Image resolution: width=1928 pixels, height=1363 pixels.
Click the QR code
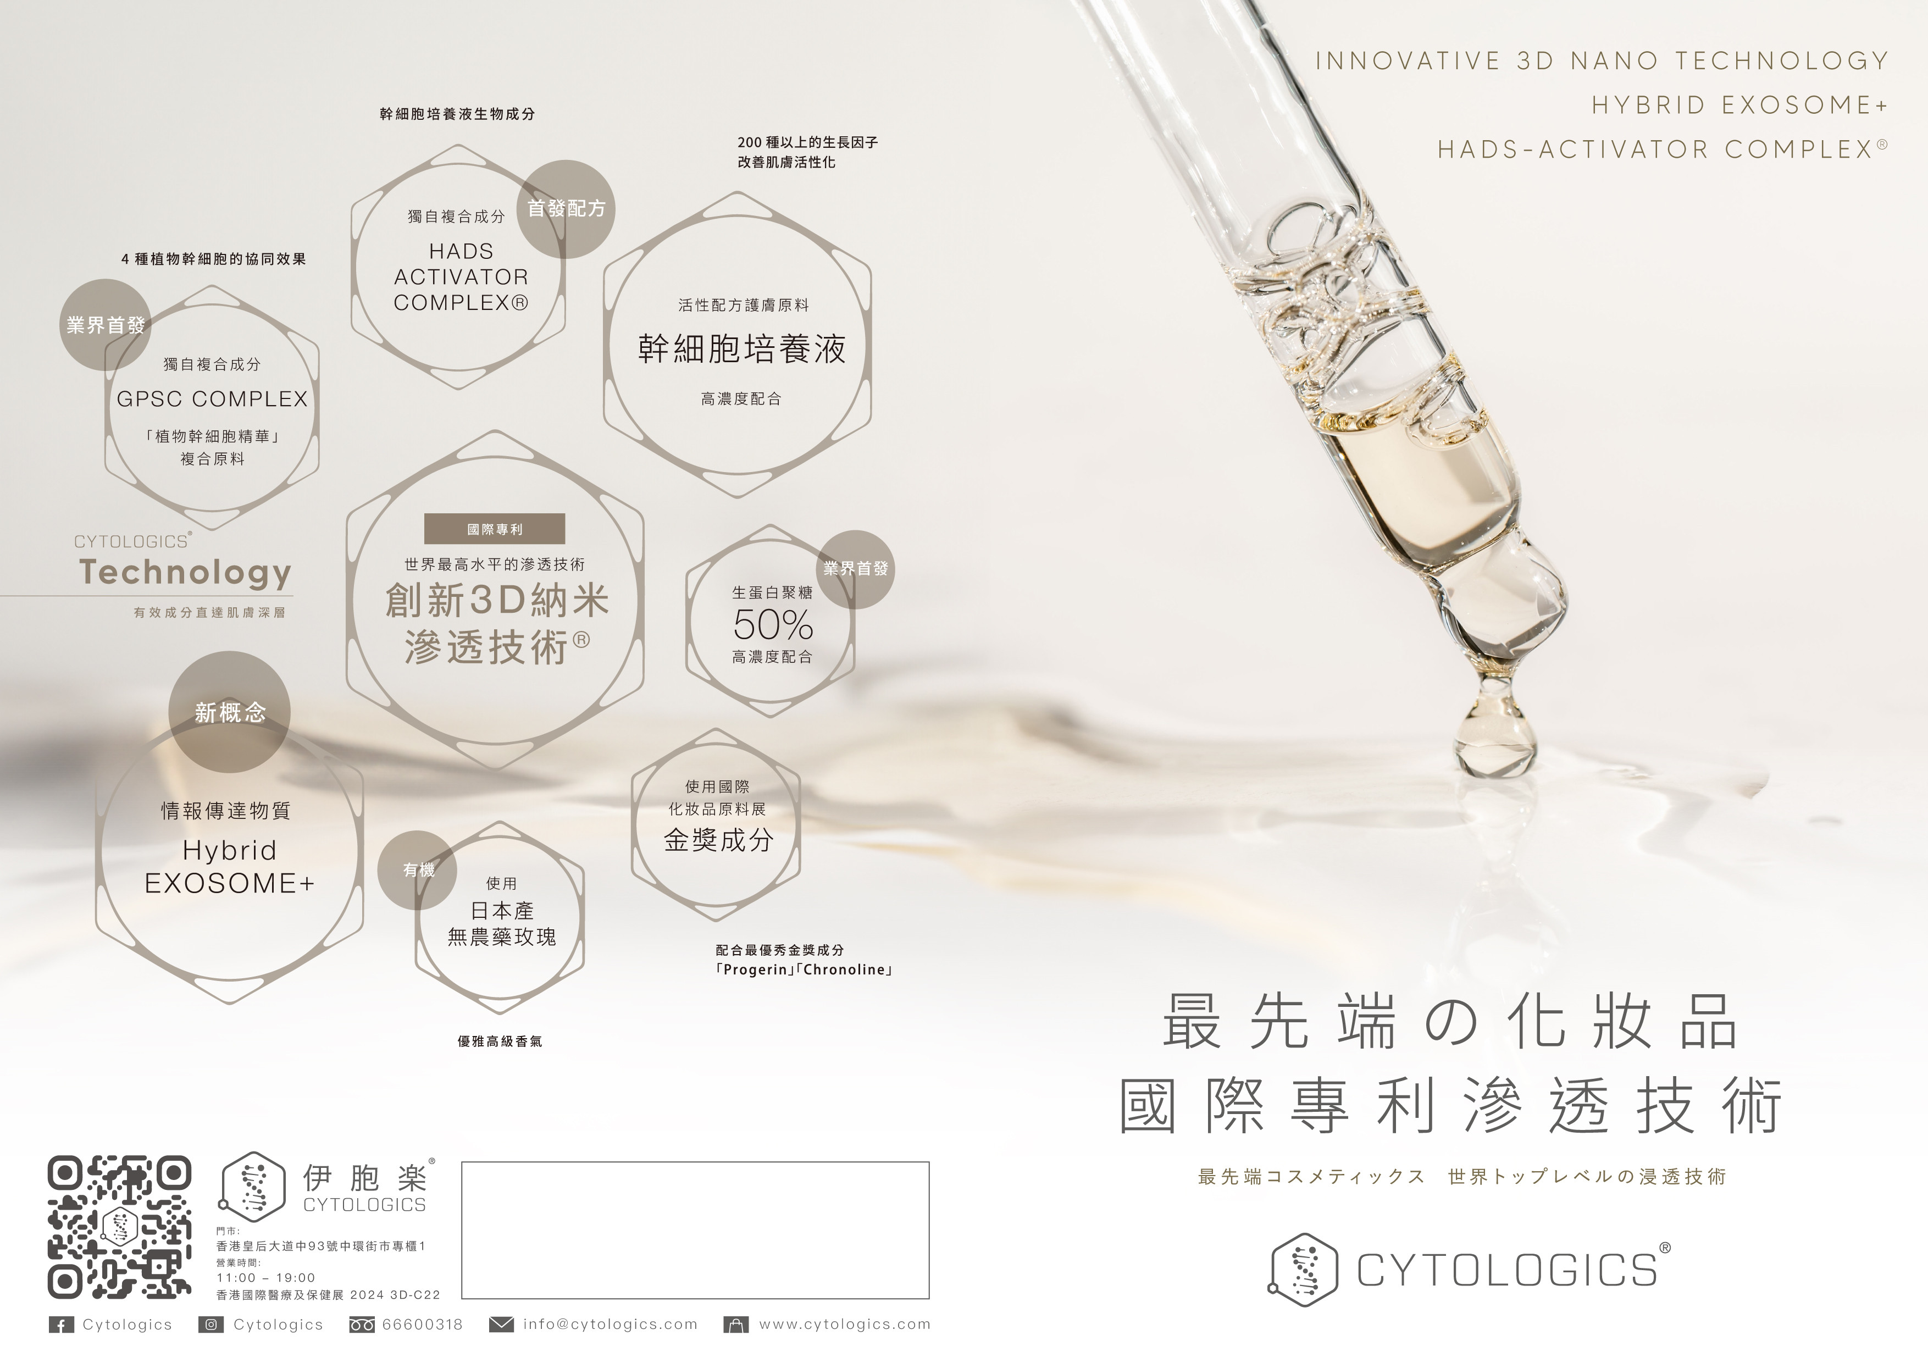point(119,1226)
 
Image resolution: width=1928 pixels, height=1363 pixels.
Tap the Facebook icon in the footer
point(60,1325)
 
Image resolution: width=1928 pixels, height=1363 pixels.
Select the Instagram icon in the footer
point(210,1325)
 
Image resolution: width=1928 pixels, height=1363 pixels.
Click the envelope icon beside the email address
point(501,1325)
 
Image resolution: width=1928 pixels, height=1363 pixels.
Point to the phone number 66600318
point(423,1325)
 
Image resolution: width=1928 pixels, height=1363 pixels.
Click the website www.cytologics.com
point(845,1325)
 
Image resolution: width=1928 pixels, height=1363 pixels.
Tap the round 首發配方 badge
point(566,208)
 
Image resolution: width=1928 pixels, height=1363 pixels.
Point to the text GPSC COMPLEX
point(213,399)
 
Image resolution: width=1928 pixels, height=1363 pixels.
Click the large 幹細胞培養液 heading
point(741,348)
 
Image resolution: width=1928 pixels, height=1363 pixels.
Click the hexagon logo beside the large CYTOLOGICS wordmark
point(1303,1269)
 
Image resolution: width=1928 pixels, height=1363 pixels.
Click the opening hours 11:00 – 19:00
point(266,1277)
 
